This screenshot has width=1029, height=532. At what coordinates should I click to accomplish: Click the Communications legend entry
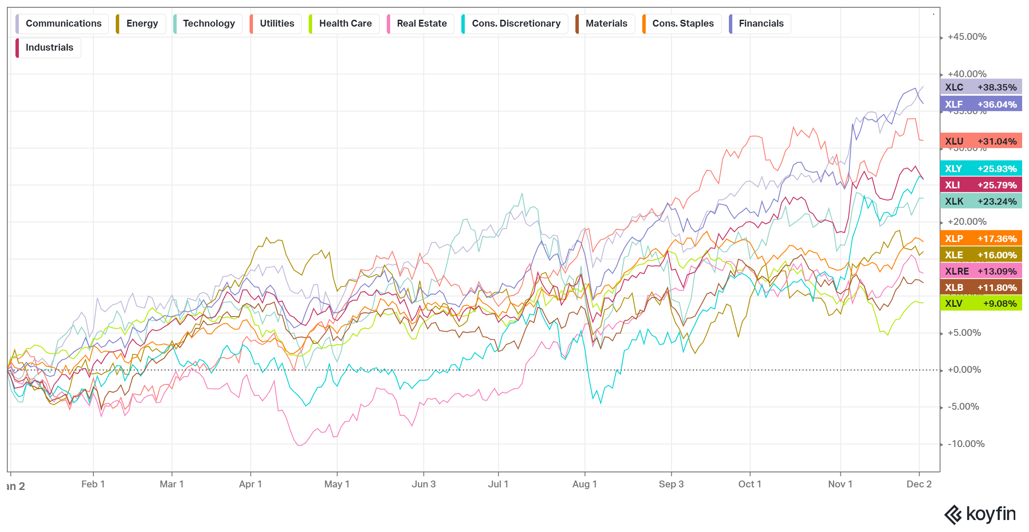tap(63, 24)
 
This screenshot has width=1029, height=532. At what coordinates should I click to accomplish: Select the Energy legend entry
tap(141, 24)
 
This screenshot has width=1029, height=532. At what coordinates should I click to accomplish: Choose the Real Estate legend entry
tap(421, 24)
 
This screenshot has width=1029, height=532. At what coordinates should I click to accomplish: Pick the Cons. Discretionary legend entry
tap(515, 24)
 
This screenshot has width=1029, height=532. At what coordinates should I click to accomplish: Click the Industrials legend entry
tap(49, 48)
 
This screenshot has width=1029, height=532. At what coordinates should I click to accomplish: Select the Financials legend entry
tap(761, 24)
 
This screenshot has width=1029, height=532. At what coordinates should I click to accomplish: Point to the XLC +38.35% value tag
tap(981, 87)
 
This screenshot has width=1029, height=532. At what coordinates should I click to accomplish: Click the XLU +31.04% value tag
tap(981, 141)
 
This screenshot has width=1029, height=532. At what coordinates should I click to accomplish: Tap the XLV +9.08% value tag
tap(981, 303)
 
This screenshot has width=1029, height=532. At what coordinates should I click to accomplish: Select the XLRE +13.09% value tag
tap(981, 271)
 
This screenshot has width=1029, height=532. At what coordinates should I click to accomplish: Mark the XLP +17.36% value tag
tap(981, 239)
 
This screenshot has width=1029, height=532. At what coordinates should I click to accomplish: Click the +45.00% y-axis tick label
tap(967, 37)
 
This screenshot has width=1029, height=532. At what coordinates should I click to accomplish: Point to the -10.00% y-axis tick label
tap(966, 444)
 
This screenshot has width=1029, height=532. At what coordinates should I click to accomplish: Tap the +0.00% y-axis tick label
tap(964, 370)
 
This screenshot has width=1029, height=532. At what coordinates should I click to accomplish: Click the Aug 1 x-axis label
tap(584, 484)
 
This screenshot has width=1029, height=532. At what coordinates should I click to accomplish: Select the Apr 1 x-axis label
tap(250, 484)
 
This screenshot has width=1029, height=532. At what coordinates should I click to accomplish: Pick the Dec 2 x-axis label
tap(919, 484)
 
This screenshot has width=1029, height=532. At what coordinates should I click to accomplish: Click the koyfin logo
tap(980, 514)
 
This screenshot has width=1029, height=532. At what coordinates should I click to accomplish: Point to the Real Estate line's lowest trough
tap(299, 445)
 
